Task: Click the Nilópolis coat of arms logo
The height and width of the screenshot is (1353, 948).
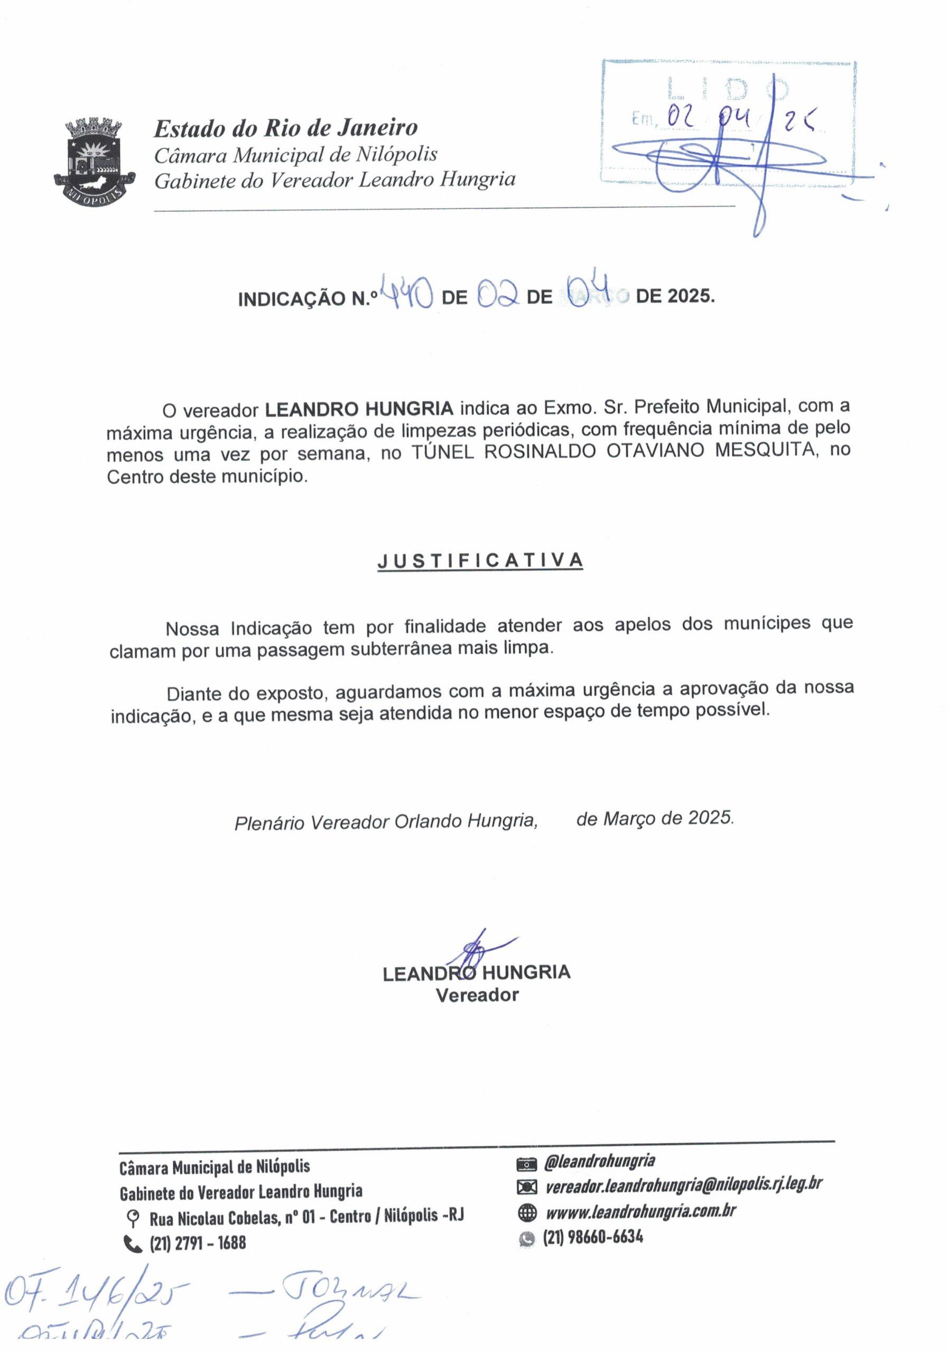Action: pyautogui.click(x=94, y=162)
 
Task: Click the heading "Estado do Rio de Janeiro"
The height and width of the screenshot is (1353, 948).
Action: pyautogui.click(x=286, y=128)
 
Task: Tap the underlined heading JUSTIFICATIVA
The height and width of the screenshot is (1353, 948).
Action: pyautogui.click(x=480, y=560)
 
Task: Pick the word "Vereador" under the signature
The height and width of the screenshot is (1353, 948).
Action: pyautogui.click(x=477, y=995)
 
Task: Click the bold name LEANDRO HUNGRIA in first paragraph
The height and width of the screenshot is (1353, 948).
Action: pyautogui.click(x=359, y=409)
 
